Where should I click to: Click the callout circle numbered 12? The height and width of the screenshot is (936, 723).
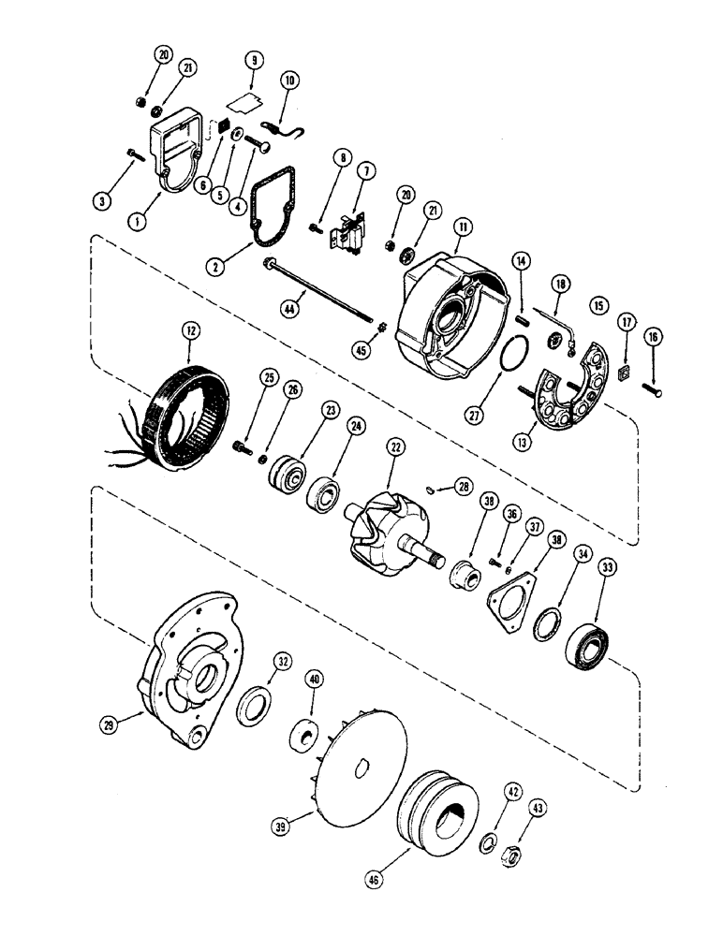[190, 330]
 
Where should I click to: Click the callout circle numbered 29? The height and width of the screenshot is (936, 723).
[110, 725]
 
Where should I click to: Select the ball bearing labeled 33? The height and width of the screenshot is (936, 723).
[589, 647]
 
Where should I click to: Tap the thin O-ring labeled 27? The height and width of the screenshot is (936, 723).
[509, 358]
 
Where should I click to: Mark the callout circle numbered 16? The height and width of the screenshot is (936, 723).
[653, 335]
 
